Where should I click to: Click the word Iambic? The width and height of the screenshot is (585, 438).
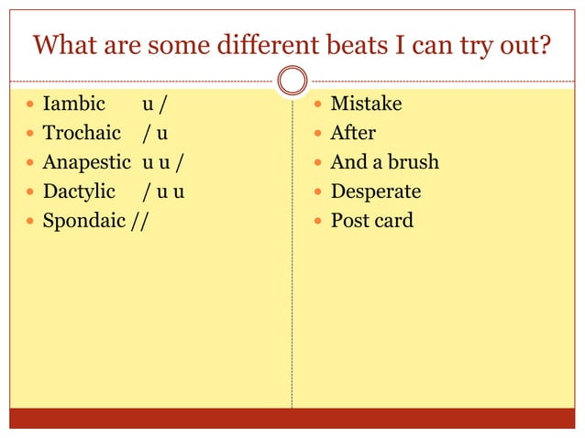click(x=74, y=104)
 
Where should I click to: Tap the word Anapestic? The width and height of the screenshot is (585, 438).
click(x=88, y=162)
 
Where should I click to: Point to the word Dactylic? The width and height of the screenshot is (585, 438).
click(x=79, y=192)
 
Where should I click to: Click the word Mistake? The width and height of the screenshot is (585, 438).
click(x=366, y=104)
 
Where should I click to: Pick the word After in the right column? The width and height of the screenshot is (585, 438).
click(x=353, y=133)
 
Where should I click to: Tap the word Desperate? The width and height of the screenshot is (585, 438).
click(x=376, y=192)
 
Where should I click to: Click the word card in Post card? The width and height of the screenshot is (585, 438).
click(x=393, y=221)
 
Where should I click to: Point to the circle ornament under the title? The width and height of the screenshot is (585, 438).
click(x=292, y=81)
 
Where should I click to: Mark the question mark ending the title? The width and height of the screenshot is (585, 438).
click(x=546, y=44)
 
